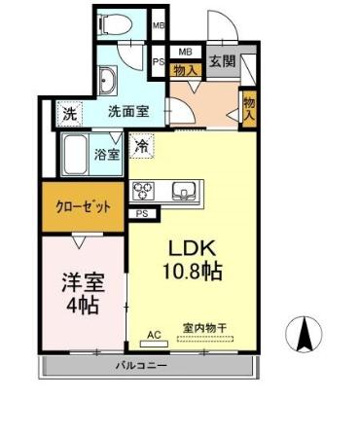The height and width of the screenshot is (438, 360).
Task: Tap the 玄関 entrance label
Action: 222,61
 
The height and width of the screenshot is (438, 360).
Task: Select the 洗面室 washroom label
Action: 128,112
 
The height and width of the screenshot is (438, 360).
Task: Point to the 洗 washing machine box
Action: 69,114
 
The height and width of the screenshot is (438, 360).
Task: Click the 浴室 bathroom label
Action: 106,154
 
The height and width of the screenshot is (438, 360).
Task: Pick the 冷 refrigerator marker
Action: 142,149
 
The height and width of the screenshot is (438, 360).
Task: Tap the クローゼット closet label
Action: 83,206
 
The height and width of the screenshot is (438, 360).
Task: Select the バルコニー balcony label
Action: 143,367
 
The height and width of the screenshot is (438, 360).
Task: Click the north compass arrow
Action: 304,336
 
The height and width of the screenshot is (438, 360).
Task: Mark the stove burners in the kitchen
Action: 143,190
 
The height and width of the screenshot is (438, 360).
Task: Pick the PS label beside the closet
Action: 142,214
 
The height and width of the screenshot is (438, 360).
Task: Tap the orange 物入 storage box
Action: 186,69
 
